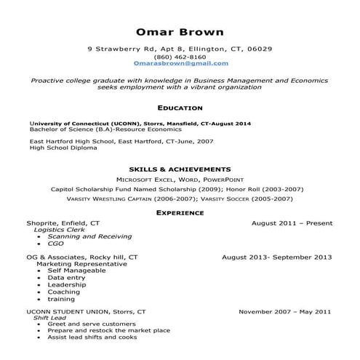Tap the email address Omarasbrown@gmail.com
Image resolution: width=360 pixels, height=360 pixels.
(180, 63)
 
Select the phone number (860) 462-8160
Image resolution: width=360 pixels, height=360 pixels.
(180, 56)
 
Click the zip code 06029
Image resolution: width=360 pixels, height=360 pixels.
(260, 49)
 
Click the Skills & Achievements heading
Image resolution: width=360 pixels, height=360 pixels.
(180, 168)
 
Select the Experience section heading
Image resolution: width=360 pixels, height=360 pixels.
(180, 212)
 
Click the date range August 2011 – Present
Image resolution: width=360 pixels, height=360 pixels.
(291, 223)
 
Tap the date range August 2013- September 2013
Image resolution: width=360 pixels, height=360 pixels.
(276, 257)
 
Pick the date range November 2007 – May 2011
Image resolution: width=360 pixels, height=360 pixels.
(285, 311)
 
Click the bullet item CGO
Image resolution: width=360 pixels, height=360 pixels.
(55, 244)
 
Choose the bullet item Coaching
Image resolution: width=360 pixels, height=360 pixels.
(63, 292)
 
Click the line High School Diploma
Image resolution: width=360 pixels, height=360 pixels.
(63, 148)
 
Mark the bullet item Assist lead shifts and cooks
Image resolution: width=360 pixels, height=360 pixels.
(92, 337)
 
